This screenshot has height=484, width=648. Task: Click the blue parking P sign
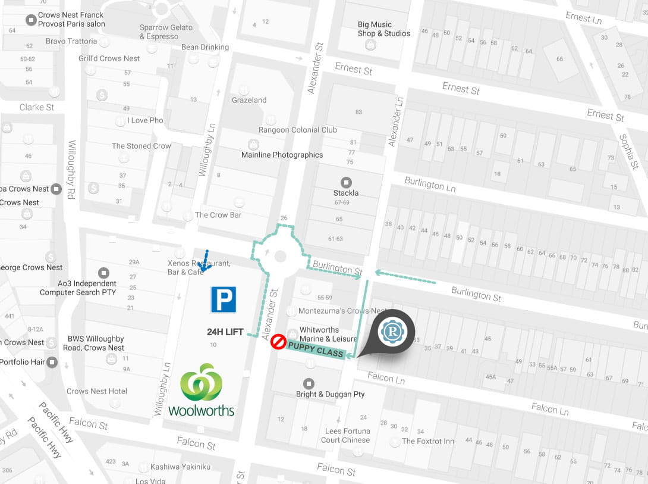coord(224,299)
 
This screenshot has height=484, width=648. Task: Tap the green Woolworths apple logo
coord(201,382)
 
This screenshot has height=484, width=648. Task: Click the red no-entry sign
coord(278,342)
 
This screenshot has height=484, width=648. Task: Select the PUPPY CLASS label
coord(316,349)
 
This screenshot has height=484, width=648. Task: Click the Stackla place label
coord(345,192)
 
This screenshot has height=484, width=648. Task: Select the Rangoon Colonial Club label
coord(298,130)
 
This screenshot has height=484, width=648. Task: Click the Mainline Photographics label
coord(282,155)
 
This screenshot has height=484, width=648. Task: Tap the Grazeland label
coord(249,100)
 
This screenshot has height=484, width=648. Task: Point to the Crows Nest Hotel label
coord(96,391)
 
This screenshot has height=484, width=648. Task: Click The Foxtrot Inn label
coord(428,441)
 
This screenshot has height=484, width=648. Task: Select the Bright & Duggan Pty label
coord(331,394)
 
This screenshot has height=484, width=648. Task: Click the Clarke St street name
coord(37,107)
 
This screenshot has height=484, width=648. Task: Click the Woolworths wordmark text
coord(202,410)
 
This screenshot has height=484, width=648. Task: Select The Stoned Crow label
coord(141,146)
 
